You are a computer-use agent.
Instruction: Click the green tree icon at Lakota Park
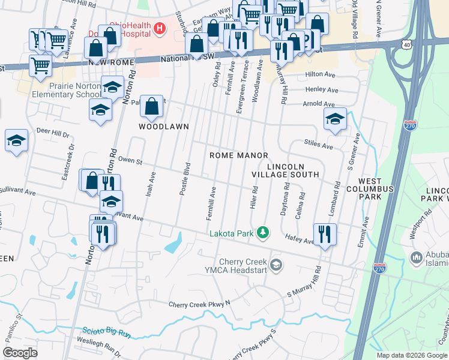[262, 232]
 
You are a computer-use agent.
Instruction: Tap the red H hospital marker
[159, 28]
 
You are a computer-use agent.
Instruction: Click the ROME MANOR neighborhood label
[238, 155]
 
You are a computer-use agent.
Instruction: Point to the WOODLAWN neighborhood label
[164, 127]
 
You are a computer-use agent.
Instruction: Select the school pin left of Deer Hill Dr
[17, 141]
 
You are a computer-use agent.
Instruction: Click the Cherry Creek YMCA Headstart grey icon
[276, 265]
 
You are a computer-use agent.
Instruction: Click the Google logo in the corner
[20, 353]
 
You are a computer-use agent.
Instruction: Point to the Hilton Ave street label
[320, 74]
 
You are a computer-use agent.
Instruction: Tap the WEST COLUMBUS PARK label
[376, 189]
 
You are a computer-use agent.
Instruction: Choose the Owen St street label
[130, 160]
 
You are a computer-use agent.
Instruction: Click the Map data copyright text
[412, 355]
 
